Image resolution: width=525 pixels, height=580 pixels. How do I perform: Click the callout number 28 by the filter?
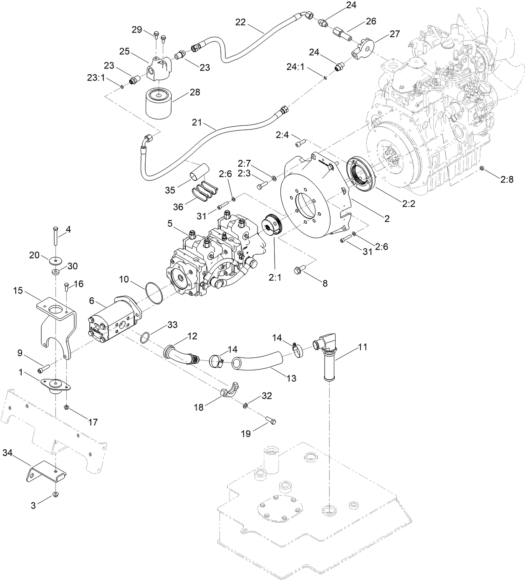tap(195, 92)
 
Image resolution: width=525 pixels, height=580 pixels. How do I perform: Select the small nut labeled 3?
tap(55, 495)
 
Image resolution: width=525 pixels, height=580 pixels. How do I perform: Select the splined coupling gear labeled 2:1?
tap(273, 225)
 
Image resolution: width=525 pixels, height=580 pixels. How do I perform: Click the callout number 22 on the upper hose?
tap(240, 22)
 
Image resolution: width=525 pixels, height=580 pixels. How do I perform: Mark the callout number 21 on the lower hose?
tap(197, 123)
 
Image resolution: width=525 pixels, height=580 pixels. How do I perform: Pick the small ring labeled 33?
tap(144, 337)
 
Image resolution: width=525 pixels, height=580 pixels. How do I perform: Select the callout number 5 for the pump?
tap(170, 223)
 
